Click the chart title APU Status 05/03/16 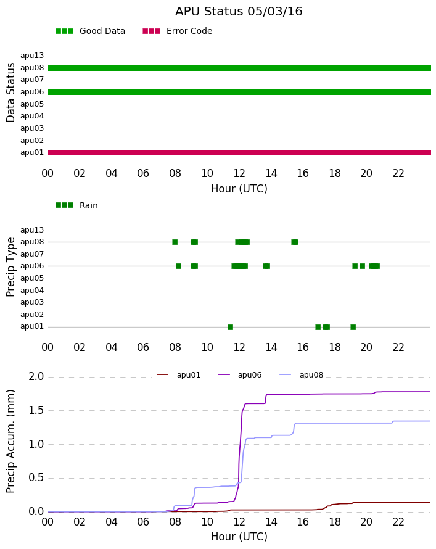pos(239,11)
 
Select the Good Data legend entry pos(90,31)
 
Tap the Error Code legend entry pos(178,31)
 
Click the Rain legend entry pos(76,205)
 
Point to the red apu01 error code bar pos(239,152)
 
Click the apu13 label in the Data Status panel pos(32,56)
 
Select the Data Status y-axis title pos(10,93)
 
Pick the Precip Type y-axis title pos(10,267)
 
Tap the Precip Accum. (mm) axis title pos(10,442)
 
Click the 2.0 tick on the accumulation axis pos(36,376)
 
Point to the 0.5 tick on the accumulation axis pos(36,477)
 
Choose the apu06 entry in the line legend pos(240,375)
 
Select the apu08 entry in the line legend pos(302,375)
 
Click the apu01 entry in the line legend pos(178,375)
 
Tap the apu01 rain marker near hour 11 pos(230,328)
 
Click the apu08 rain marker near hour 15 pos(295,242)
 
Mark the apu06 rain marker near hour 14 pos(266,266)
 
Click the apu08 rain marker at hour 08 pos(175,242)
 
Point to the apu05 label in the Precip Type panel pos(32,278)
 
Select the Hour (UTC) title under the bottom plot pos(239,537)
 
